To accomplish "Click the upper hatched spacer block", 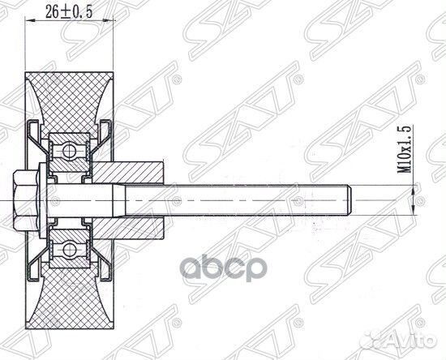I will point(135,172).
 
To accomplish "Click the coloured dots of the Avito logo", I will point(379,341).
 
